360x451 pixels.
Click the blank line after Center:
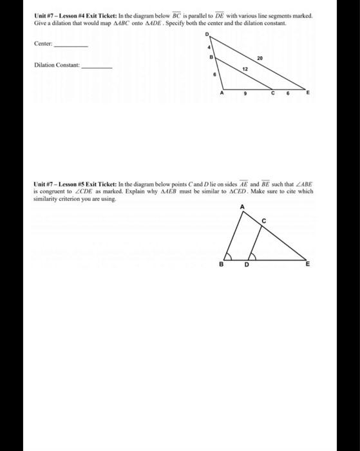(x=71, y=45)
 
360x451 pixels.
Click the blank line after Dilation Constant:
(x=97, y=67)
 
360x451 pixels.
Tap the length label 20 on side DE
(x=259, y=59)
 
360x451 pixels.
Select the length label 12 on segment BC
(x=245, y=68)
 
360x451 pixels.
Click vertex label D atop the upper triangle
(x=207, y=34)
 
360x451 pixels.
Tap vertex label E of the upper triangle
(x=308, y=94)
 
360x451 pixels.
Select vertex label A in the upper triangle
(x=222, y=94)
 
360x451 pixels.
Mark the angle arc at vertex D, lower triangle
(x=251, y=256)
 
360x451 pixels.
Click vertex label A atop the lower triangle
(x=243, y=206)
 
